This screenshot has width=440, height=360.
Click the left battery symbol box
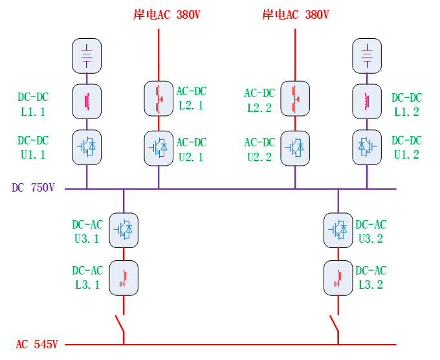click(x=87, y=56)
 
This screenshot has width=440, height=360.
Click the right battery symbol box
click(x=367, y=56)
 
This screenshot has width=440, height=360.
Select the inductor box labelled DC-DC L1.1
click(x=87, y=101)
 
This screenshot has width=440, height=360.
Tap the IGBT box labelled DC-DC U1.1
click(x=87, y=147)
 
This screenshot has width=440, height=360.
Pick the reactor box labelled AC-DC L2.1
click(x=159, y=98)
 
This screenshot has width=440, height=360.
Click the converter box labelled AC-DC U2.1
click(x=159, y=148)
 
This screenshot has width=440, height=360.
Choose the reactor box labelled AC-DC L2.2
click(x=295, y=98)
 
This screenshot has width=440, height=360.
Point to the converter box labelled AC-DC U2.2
click(x=295, y=148)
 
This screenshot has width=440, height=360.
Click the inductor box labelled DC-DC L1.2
click(x=367, y=101)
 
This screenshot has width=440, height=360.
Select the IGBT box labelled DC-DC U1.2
click(x=367, y=147)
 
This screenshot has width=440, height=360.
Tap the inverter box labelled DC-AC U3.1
click(x=124, y=230)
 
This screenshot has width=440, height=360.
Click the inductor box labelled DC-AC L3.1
click(x=124, y=278)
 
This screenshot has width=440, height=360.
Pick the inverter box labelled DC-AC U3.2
click(x=338, y=230)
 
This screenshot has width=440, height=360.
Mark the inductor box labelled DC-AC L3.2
click(x=338, y=278)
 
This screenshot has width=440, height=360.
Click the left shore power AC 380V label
click(x=166, y=15)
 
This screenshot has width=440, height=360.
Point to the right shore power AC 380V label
click(x=296, y=15)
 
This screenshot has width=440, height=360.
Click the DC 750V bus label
click(x=33, y=188)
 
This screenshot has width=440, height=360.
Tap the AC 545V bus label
click(x=38, y=344)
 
